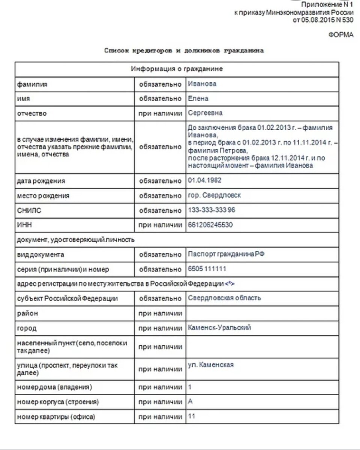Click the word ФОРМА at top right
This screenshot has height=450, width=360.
pyautogui.click(x=341, y=34)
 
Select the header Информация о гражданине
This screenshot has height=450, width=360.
pyautogui.click(x=177, y=69)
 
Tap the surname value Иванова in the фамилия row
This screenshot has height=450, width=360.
pyautogui.click(x=202, y=84)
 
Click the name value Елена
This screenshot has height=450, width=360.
pyautogui.click(x=198, y=99)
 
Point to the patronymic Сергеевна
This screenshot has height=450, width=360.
pyautogui.click(x=205, y=113)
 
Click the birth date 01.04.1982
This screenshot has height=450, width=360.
pyautogui.click(x=204, y=180)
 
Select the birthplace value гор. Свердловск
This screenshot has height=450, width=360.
pyautogui.click(x=214, y=195)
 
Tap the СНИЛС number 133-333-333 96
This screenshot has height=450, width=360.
pyautogui.click(x=211, y=210)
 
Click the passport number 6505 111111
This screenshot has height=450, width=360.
pyautogui.click(x=207, y=269)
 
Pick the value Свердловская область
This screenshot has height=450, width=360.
pyautogui.click(x=224, y=298)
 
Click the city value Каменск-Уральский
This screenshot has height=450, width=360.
pyautogui.click(x=219, y=328)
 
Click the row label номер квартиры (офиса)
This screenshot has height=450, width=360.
pyautogui.click(x=56, y=417)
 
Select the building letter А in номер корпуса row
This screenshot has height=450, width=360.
pyautogui.click(x=190, y=402)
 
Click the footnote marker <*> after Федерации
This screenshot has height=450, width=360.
pyautogui.click(x=230, y=284)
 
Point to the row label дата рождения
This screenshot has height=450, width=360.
pyautogui.click(x=41, y=181)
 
